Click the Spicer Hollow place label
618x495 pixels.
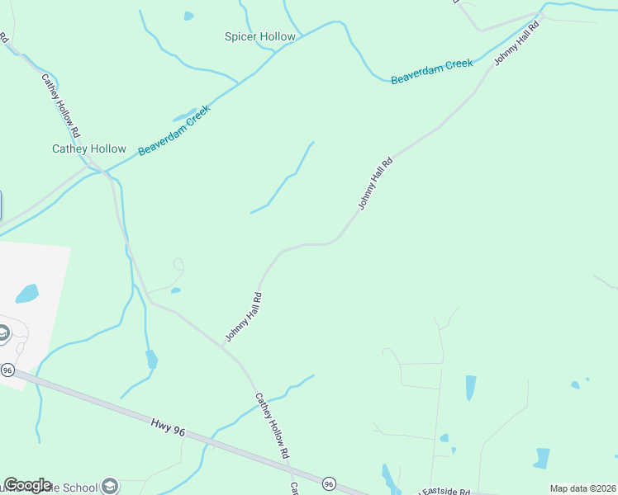[260, 37]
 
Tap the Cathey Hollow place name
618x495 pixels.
[89, 149]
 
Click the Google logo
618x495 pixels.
[27, 485]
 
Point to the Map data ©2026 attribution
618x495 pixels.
[582, 488]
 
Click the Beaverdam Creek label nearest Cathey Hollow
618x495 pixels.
[174, 130]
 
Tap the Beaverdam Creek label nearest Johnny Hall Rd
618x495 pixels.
[431, 71]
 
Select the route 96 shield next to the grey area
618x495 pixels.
[7, 370]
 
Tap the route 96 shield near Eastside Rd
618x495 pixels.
[329, 483]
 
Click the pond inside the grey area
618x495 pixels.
[26, 293]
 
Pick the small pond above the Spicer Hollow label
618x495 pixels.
[189, 16]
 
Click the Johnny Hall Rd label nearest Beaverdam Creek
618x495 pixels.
[517, 44]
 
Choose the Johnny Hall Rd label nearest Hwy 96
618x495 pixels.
[244, 318]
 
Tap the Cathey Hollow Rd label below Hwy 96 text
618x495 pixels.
[272, 426]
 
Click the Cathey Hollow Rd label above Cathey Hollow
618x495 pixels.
[61, 106]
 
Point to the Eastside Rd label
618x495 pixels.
[445, 490]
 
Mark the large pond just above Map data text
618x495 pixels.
[542, 458]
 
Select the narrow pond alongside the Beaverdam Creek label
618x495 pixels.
[184, 115]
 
